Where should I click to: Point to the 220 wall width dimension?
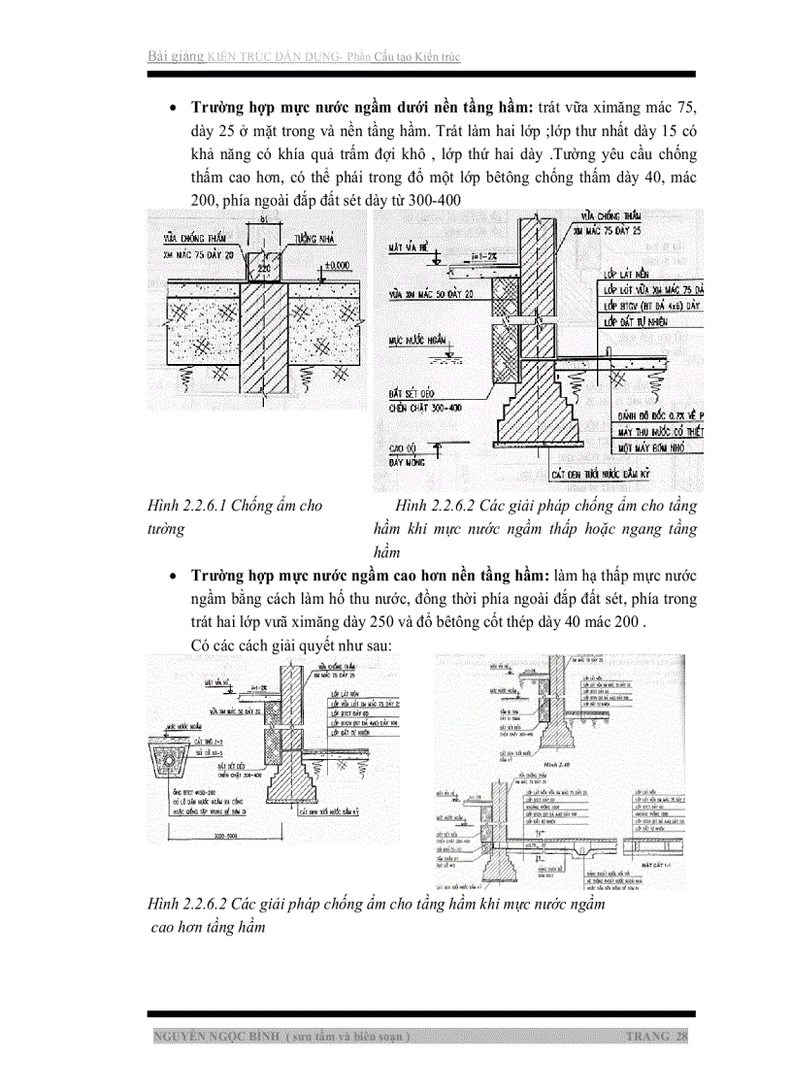tap(261, 261)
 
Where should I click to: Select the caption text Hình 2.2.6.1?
tap(187, 506)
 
